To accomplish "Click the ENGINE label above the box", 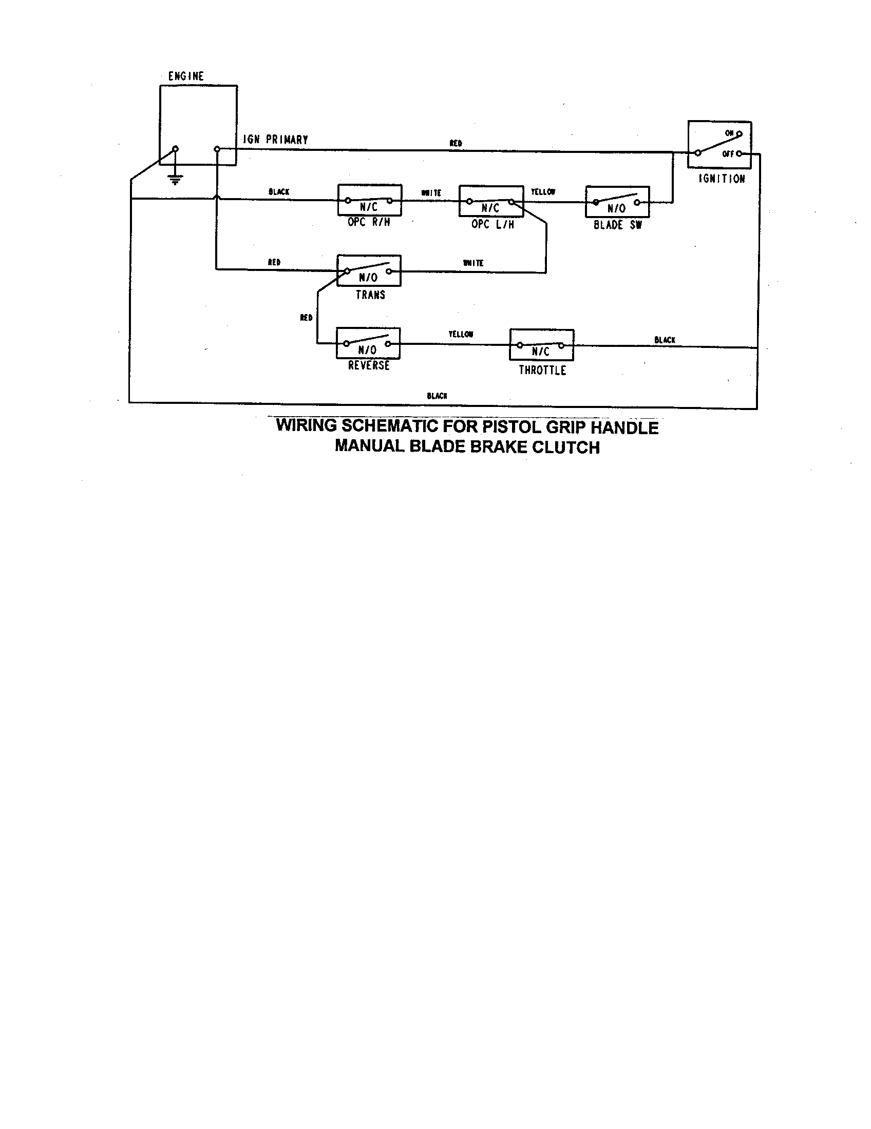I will click(x=186, y=76).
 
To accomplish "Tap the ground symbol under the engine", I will click(x=175, y=180).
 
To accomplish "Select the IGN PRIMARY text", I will click(x=276, y=140).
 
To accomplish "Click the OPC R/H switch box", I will click(x=369, y=200).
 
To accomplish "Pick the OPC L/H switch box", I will click(x=491, y=201).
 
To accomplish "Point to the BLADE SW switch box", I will click(x=617, y=202).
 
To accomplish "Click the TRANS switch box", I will click(x=369, y=270).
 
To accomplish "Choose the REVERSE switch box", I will click(x=368, y=343).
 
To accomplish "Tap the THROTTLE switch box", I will click(x=541, y=344).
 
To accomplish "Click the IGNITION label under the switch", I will click(x=722, y=179).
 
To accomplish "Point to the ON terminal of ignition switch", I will click(x=740, y=134).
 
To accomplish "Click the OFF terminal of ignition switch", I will click(x=739, y=153).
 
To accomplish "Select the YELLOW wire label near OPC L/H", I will click(x=543, y=192).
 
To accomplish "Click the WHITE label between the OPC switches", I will click(x=431, y=193).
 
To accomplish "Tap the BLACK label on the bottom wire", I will click(x=437, y=396).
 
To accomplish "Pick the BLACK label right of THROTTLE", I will click(x=665, y=340).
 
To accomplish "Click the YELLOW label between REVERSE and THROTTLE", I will click(x=460, y=335).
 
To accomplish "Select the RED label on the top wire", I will click(x=456, y=143).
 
